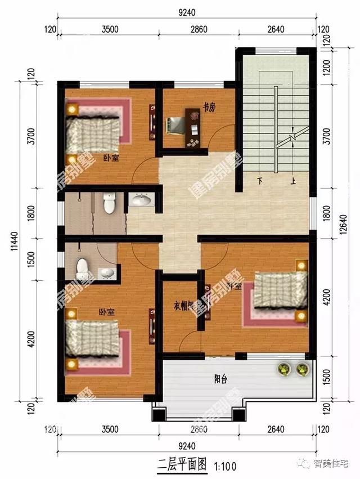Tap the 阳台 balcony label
click(x=220, y=378)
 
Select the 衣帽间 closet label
click(x=184, y=306)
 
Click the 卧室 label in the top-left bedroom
click(x=111, y=158)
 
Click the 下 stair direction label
click(x=259, y=181)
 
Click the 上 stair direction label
click(x=293, y=181)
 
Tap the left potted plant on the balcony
click(x=283, y=369)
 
